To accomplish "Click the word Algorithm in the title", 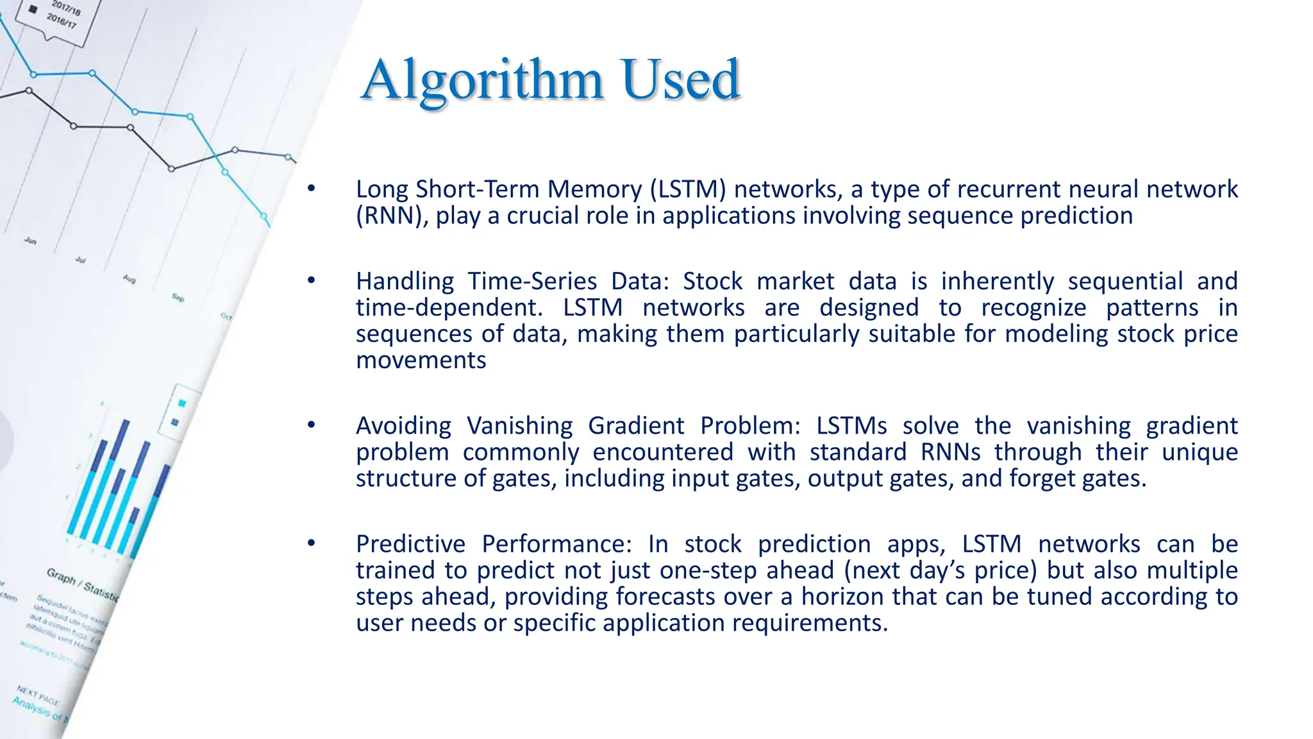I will point(482,80).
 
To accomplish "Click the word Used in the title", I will point(681,80).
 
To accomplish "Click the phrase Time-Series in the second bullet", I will point(532,282).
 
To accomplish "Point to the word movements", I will point(421,361).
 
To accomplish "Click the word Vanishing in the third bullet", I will point(519,426).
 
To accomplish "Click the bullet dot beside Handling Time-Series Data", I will point(311,280).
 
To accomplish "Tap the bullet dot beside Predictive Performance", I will point(311,543).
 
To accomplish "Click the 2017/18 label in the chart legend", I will point(66,8).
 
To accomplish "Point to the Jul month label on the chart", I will point(80,260).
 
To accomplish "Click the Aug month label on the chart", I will point(129,279).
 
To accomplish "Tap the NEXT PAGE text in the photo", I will point(38,695).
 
